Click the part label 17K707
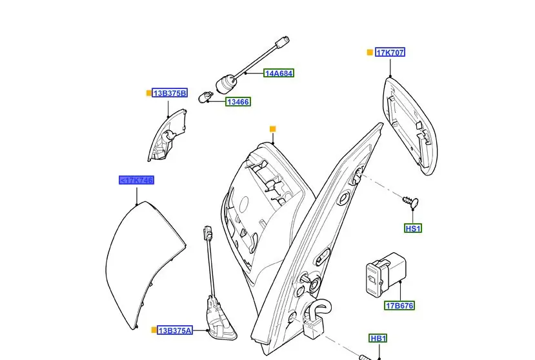pos(390,52)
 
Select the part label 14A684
pos(279,74)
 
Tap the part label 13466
pos(237,102)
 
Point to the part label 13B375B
pos(170,94)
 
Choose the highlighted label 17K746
pos(136,180)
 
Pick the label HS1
pos(413,228)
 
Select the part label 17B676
pos(400,305)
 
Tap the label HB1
pos(378,338)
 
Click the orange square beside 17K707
pos(370,52)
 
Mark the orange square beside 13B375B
pos(149,94)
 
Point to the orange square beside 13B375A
pos(154,330)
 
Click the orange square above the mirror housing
pos(272,129)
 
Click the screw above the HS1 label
pos(411,201)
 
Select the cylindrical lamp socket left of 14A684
pos(226,83)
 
